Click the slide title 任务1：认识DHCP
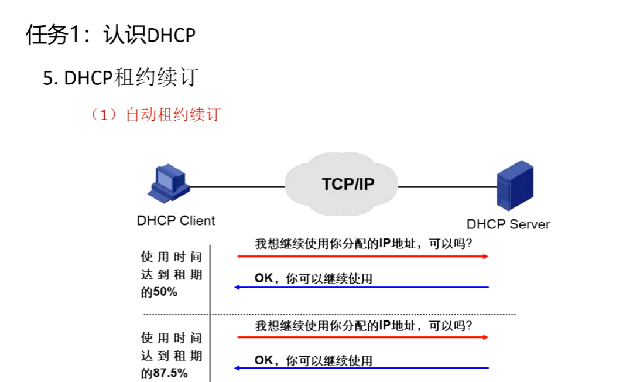tap(110, 35)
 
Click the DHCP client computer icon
tap(169, 183)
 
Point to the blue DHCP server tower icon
tap(515, 187)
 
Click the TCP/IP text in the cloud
tap(348, 184)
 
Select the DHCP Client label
tap(176, 221)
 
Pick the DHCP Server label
tap(508, 224)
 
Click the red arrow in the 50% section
tap(363, 257)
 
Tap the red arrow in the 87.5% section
tap(363, 337)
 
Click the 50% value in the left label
tap(165, 292)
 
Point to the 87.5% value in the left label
tap(170, 373)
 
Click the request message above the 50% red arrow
tap(364, 244)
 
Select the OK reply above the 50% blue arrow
tap(313, 278)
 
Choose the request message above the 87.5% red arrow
tap(364, 325)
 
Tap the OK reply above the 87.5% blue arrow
tap(313, 360)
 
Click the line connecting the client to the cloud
tap(237, 187)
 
